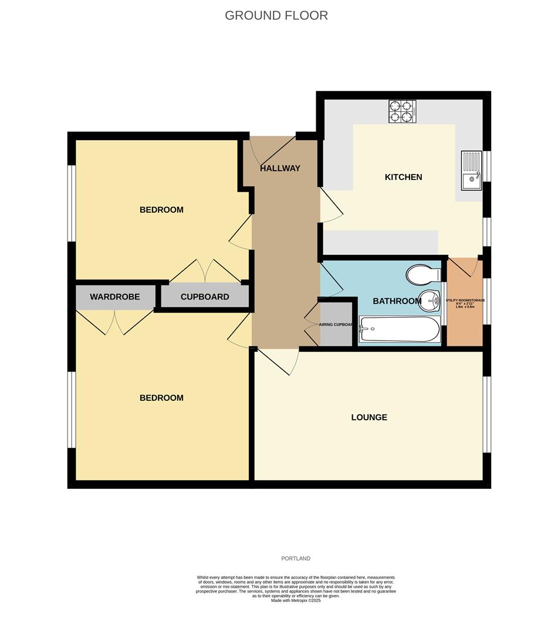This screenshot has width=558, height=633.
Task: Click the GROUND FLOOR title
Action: click(x=276, y=16)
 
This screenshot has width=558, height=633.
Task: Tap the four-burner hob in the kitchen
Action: click(x=403, y=111)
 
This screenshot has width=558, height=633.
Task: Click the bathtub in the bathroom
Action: click(x=398, y=331)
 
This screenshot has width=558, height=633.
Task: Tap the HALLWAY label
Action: click(x=280, y=168)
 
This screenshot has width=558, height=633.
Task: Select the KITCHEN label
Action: click(x=403, y=177)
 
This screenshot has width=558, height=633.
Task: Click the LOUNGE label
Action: click(x=369, y=417)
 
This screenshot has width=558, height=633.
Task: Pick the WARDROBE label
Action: click(x=115, y=297)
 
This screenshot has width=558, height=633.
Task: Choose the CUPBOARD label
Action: click(x=205, y=297)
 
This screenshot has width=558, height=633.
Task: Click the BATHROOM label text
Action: click(x=397, y=301)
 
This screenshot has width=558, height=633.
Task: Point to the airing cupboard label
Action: click(x=336, y=324)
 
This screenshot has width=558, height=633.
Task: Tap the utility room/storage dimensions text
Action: click(x=465, y=303)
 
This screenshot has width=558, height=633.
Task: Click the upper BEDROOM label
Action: click(x=161, y=210)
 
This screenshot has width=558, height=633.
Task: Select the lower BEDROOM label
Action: click(x=161, y=398)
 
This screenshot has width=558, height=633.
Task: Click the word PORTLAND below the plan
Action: click(x=295, y=559)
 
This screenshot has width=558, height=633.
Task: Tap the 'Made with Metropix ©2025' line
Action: click(x=296, y=600)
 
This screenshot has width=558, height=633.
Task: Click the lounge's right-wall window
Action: click(x=486, y=414)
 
